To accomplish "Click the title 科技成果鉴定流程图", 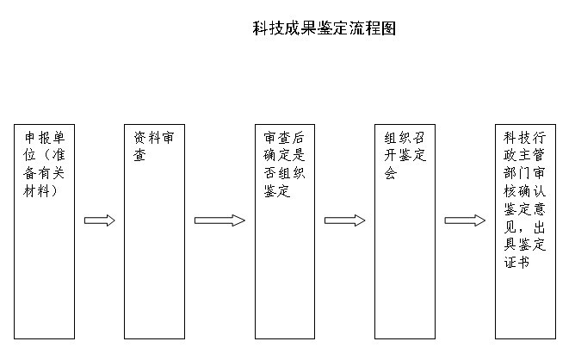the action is (x=325, y=28).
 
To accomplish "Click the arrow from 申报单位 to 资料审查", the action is (x=99, y=220).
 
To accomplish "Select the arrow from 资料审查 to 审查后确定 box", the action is (x=219, y=220).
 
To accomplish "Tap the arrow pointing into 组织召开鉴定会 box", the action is (x=344, y=220).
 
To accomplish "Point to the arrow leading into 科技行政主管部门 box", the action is (x=465, y=220).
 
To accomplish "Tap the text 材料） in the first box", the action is (x=40, y=191).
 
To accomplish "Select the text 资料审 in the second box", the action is (x=154, y=138).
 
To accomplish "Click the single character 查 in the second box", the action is (x=139, y=155).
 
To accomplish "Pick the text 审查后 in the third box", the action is (x=284, y=138).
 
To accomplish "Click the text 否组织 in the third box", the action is (x=284, y=173).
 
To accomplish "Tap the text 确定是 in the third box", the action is (x=284, y=155).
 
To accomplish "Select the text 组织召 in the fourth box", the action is (x=405, y=138).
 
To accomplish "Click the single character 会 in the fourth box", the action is (x=391, y=173).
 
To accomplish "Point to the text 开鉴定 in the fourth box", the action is (x=405, y=155).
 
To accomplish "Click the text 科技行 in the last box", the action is (x=524, y=138).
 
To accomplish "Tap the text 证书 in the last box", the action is (x=517, y=262).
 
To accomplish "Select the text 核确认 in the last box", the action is (x=524, y=191).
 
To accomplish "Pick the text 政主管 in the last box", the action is (x=524, y=155).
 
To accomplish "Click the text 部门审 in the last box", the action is (x=524, y=173).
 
